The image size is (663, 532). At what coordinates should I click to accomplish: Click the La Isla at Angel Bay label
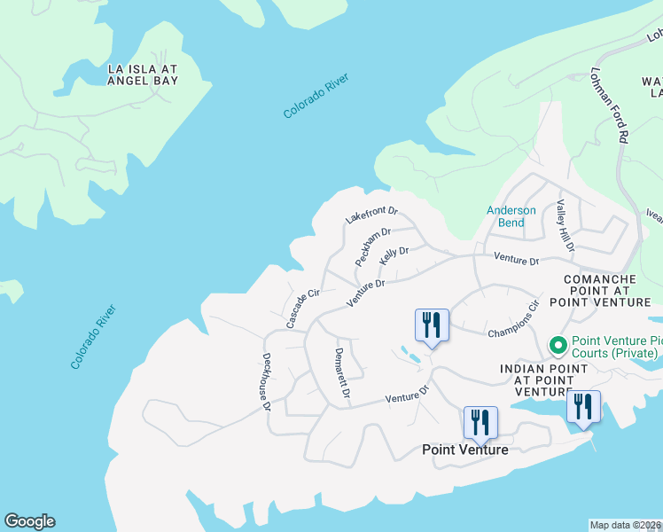tap(143, 74)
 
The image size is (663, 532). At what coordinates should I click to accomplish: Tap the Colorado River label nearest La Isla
tap(316, 97)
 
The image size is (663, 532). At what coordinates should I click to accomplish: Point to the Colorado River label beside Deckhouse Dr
tap(94, 338)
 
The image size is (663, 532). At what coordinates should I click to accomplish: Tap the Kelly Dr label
tap(394, 255)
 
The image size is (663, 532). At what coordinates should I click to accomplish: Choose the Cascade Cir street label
tap(296, 308)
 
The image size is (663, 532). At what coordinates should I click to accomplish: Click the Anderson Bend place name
tap(511, 216)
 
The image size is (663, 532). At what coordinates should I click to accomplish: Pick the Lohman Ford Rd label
tap(609, 105)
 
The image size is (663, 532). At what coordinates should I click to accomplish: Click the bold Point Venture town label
tap(464, 450)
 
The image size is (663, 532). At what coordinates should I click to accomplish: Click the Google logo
tap(29, 521)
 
